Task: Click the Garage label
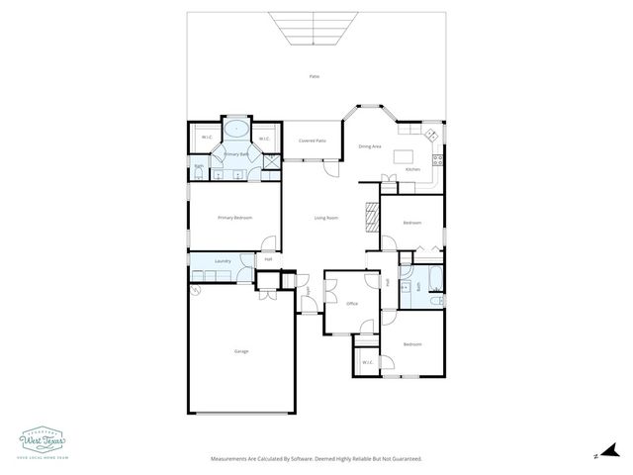click(x=240, y=351)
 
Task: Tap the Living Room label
click(x=326, y=218)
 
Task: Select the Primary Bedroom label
click(x=234, y=218)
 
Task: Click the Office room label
click(x=351, y=303)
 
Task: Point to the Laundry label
click(x=223, y=261)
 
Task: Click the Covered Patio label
click(x=313, y=141)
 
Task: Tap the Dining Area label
click(x=370, y=146)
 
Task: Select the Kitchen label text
click(x=413, y=169)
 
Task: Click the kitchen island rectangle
click(x=404, y=155)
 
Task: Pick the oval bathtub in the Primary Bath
click(x=236, y=130)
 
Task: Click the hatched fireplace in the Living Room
click(x=372, y=217)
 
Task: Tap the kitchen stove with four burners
click(x=432, y=137)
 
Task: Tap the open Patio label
click(x=315, y=76)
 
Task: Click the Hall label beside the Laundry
click(x=268, y=259)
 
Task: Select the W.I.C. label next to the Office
click(x=367, y=362)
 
